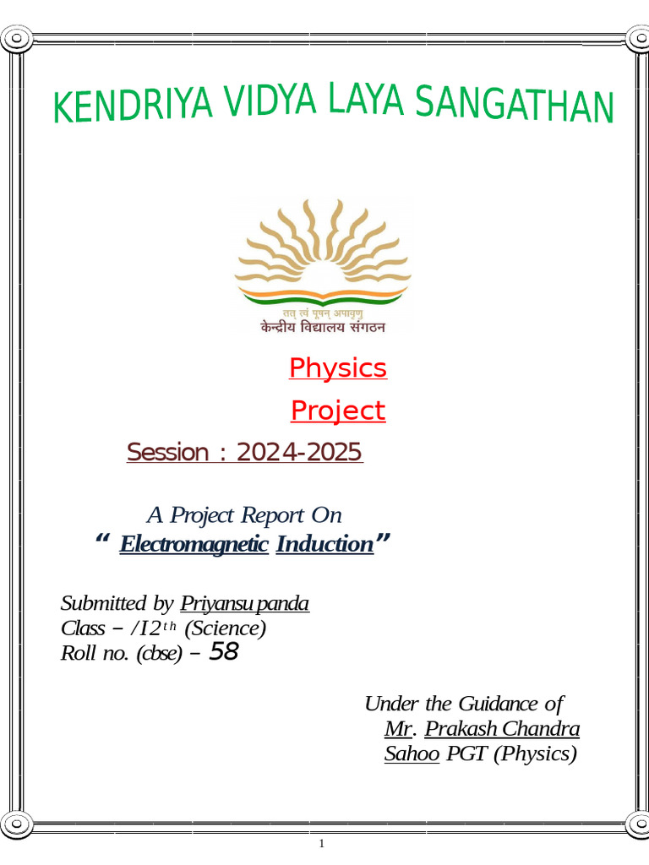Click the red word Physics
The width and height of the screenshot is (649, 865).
click(337, 368)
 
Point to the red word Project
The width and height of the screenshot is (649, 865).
click(337, 411)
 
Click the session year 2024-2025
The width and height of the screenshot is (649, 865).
click(299, 453)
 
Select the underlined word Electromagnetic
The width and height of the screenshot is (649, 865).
click(194, 544)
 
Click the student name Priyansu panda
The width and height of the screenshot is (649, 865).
click(244, 604)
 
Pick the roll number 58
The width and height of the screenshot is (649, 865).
click(223, 652)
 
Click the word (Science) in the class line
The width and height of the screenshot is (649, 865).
click(225, 628)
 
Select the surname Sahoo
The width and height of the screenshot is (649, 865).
click(412, 754)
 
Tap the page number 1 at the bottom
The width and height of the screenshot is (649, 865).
click(322, 844)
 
